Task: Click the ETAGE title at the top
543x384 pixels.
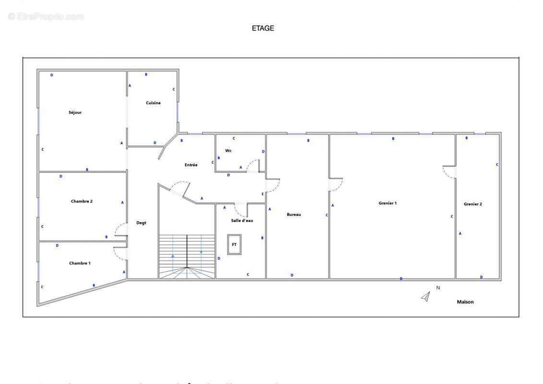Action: pyautogui.click(x=263, y=28)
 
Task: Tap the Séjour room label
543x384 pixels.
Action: pyautogui.click(x=75, y=112)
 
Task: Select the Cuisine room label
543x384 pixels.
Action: pyautogui.click(x=153, y=103)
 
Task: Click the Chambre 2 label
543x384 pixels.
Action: pyautogui.click(x=82, y=201)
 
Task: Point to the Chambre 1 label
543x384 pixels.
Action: pyautogui.click(x=80, y=263)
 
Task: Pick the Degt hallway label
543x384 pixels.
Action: pyautogui.click(x=141, y=223)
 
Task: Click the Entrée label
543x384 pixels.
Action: pyautogui.click(x=191, y=165)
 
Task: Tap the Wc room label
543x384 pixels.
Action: pyautogui.click(x=229, y=150)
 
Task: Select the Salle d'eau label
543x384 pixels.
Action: pyautogui.click(x=242, y=220)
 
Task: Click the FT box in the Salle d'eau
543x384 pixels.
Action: pyautogui.click(x=234, y=244)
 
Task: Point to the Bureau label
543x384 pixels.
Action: pyautogui.click(x=294, y=215)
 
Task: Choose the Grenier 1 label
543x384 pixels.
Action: pyautogui.click(x=387, y=203)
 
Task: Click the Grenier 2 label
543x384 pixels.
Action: pyautogui.click(x=473, y=204)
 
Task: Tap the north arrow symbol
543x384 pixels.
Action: pyautogui.click(x=425, y=297)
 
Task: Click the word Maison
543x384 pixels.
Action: pyautogui.click(x=465, y=302)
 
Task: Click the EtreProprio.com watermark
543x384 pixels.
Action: pyautogui.click(x=46, y=16)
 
